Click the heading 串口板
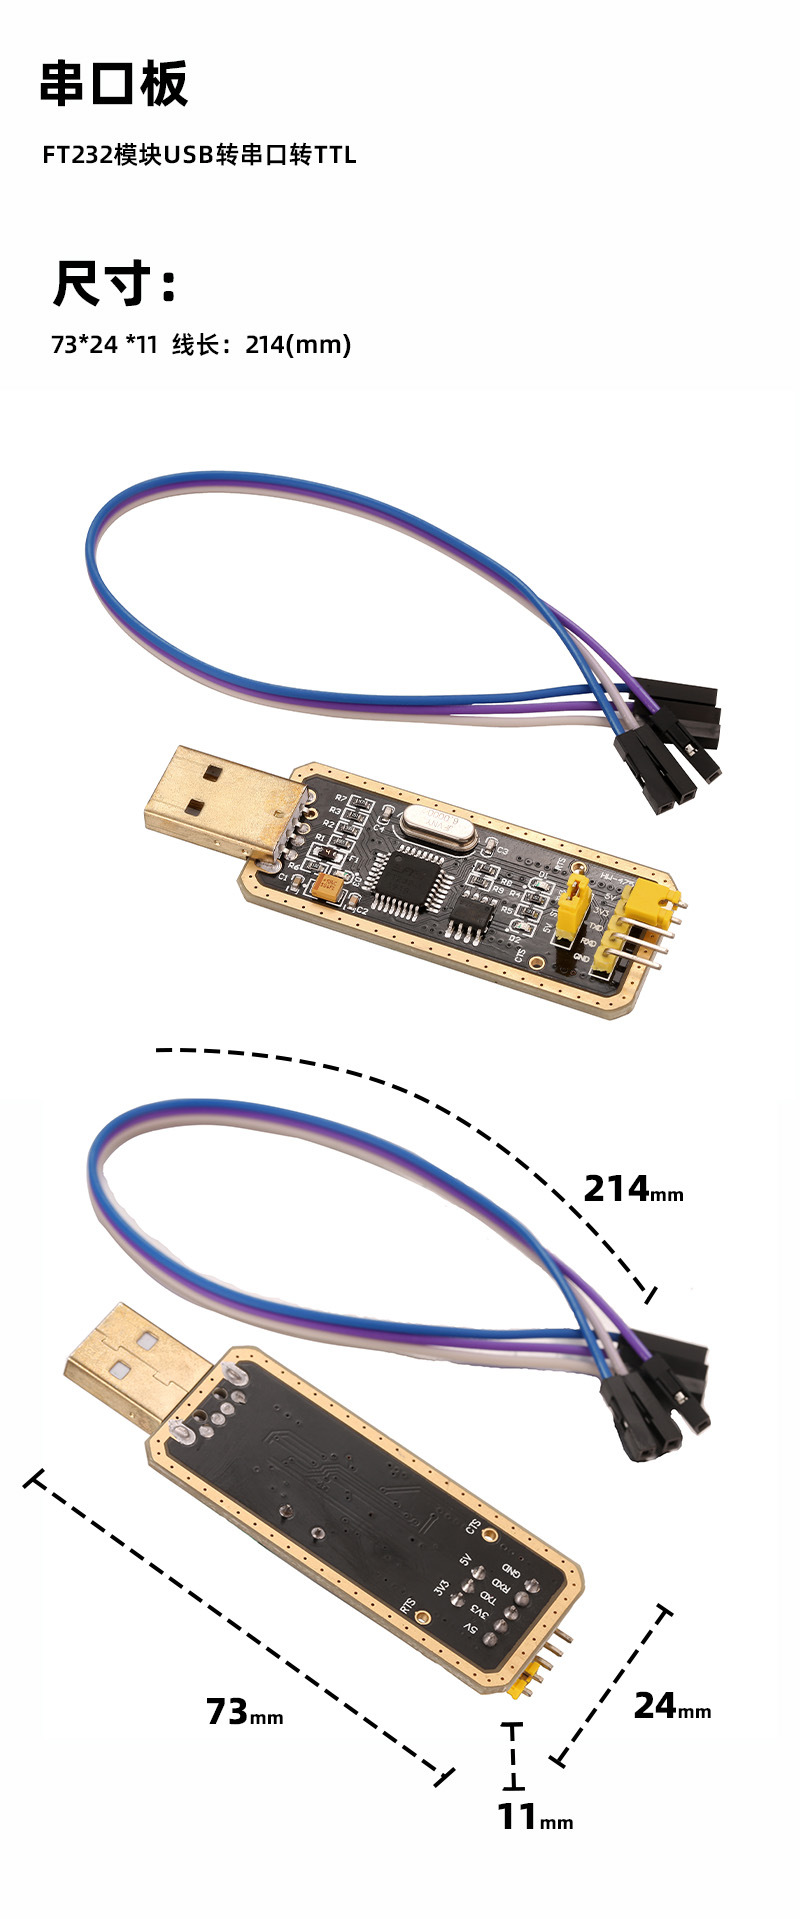(113, 84)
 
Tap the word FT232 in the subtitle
(77, 155)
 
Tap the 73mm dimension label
(244, 1712)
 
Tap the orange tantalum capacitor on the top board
(327, 886)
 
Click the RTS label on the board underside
(408, 1606)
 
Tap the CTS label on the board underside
(474, 1527)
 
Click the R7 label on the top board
(340, 798)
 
